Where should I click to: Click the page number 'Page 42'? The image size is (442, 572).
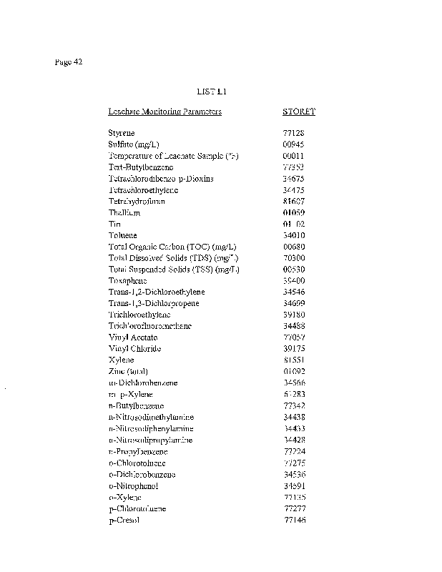click(x=69, y=61)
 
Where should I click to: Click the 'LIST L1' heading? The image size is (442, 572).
click(x=211, y=92)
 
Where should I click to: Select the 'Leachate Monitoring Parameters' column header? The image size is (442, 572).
click(x=164, y=112)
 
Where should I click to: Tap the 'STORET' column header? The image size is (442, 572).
click(x=299, y=112)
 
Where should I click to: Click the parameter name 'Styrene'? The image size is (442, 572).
click(x=121, y=133)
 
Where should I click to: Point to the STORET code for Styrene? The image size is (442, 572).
click(x=294, y=133)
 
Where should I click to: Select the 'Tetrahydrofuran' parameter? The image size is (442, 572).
click(x=137, y=201)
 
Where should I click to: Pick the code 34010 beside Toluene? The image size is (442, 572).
click(x=295, y=235)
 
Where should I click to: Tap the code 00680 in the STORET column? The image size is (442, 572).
click(x=295, y=247)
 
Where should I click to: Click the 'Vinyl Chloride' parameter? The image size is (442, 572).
click(x=134, y=349)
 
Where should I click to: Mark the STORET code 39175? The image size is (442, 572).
click(x=295, y=349)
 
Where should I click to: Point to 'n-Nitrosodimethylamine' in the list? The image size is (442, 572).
click(x=151, y=417)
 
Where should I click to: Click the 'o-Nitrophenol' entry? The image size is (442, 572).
click(x=133, y=485)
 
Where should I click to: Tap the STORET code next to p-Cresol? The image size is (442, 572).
click(x=295, y=520)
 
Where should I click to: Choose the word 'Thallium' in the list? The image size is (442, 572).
click(x=124, y=212)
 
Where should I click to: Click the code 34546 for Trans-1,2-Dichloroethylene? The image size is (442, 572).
click(x=295, y=292)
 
